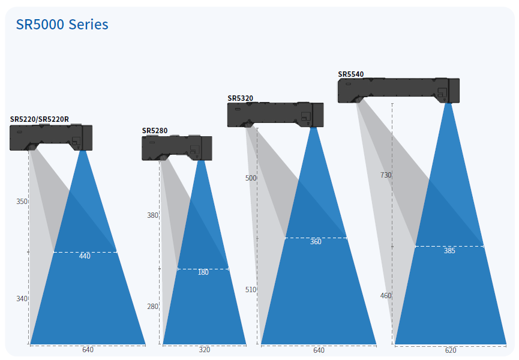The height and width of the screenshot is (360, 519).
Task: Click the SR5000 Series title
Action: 62,25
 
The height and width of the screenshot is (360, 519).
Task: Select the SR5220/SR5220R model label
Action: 40,119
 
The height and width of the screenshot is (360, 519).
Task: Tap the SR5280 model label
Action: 155,130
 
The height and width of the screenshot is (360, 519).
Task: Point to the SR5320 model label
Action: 240,98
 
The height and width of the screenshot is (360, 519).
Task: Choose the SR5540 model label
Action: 351,74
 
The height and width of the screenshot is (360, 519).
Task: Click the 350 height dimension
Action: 22,202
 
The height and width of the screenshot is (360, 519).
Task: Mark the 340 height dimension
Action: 22,299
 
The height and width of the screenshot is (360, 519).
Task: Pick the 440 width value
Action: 85,256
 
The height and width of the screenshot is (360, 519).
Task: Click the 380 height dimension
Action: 152,215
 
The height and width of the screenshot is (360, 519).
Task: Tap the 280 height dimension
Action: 152,307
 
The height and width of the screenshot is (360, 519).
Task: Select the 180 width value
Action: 203,272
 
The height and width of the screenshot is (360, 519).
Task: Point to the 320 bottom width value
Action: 205,350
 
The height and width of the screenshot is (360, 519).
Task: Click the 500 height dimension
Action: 251,178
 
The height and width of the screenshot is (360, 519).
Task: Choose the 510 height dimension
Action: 251,290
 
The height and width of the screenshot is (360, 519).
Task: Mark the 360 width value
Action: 316,242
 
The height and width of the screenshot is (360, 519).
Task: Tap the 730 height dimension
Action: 386,175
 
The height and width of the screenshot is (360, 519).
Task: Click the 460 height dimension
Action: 386,296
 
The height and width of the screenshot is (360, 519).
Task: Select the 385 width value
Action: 449,251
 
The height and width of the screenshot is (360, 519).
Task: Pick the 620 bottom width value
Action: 451,350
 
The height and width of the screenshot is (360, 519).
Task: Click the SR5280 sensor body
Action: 176,148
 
